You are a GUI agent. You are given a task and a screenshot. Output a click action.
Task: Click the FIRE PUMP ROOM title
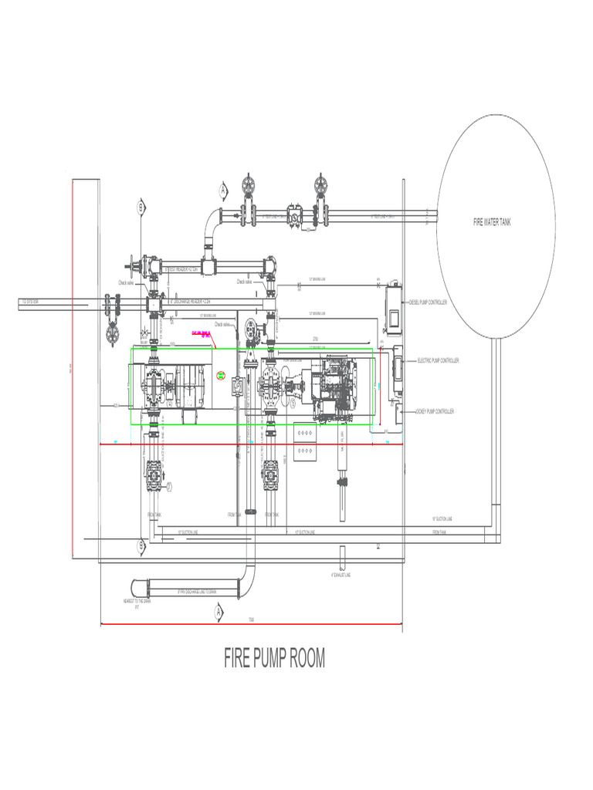(274, 658)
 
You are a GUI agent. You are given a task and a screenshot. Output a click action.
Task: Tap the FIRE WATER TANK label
(492, 222)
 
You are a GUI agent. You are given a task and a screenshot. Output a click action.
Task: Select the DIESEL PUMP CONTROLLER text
(428, 302)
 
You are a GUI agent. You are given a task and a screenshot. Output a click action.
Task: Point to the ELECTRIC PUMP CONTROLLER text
(439, 360)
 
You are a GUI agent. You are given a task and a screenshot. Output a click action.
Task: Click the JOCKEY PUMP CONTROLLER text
(435, 411)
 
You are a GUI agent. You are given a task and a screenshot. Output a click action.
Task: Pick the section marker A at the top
(224, 189)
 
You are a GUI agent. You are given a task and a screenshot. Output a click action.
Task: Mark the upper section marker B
(141, 207)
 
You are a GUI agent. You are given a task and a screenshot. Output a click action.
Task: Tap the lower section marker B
(141, 545)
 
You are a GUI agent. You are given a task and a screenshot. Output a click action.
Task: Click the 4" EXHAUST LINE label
(340, 575)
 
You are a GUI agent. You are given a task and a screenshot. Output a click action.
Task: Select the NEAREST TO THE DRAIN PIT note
(137, 604)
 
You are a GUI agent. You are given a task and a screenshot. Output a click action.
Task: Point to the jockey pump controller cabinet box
(398, 414)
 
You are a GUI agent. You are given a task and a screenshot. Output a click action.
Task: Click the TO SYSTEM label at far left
(30, 302)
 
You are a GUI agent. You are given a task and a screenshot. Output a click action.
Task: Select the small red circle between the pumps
(221, 376)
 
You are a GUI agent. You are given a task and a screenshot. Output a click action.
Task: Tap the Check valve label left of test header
(127, 283)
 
